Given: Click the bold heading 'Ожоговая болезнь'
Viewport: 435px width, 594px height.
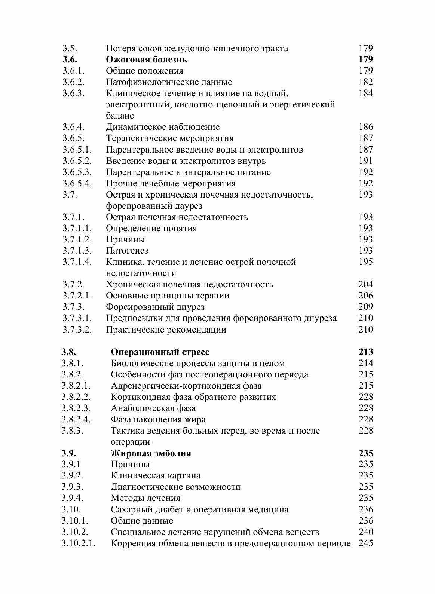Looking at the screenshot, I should (x=146, y=59).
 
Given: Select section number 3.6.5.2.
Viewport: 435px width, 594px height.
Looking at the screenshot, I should (x=77, y=161).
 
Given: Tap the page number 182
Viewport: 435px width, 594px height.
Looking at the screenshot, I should (x=365, y=82).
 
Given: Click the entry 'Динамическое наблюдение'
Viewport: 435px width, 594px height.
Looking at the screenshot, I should (x=163, y=127).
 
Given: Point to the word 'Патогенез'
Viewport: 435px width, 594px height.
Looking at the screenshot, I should (x=127, y=251).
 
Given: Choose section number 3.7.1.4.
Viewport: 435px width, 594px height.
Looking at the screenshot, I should (x=77, y=262).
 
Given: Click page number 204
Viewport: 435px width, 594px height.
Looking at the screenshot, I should (x=365, y=284).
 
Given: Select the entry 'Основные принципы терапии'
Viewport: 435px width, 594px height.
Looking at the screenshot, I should (x=168, y=296).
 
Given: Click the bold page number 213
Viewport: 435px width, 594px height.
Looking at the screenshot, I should (x=365, y=352).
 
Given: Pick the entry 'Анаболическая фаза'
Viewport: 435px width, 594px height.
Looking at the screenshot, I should (x=153, y=408).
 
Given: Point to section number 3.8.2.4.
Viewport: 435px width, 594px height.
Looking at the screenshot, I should (x=76, y=419).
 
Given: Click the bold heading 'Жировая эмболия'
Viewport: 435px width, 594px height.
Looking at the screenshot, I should (x=151, y=453).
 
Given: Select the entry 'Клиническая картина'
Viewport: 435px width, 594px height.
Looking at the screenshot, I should (x=156, y=476).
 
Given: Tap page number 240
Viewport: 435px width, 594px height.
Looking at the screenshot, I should (x=365, y=532).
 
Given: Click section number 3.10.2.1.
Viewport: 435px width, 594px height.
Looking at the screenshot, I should (x=79, y=543).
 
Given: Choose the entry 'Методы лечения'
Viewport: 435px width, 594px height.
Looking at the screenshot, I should (x=145, y=498).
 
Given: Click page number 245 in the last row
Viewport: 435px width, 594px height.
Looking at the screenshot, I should (x=365, y=543).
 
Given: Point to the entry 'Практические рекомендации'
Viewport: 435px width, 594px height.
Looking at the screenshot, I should (x=166, y=330).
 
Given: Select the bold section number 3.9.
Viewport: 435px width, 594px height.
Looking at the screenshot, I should (x=69, y=453).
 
